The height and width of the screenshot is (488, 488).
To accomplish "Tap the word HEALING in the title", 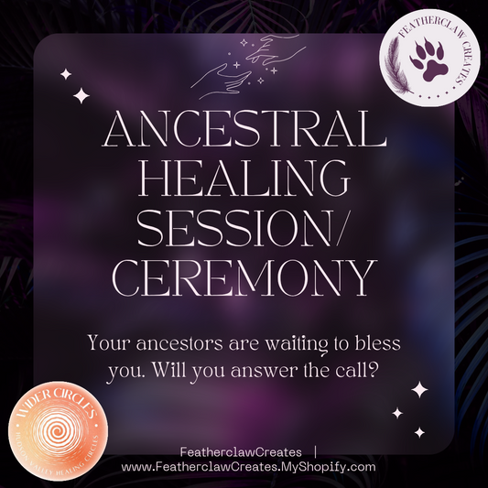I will point(244,173).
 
